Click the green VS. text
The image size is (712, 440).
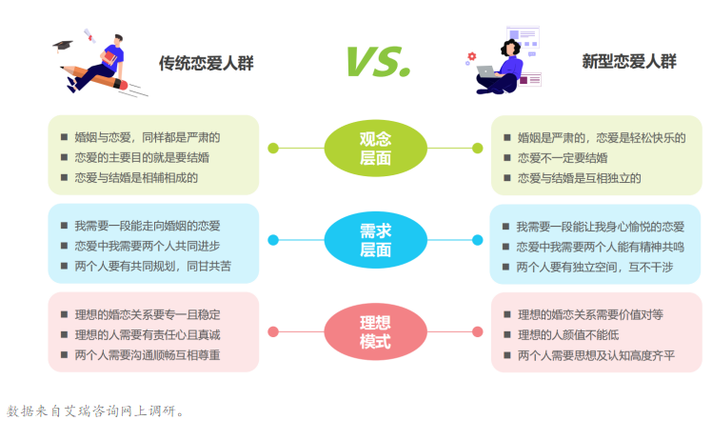[379, 62]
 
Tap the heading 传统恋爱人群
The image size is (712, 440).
[207, 63]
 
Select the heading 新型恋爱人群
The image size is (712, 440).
[629, 61]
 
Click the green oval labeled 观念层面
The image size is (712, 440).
[376, 149]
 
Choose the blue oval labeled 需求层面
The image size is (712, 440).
[376, 240]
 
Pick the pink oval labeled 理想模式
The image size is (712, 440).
[376, 331]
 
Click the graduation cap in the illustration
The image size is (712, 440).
[63, 45]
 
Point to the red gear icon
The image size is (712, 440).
[472, 56]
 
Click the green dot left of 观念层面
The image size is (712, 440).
[273, 149]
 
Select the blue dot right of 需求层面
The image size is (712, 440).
[477, 240]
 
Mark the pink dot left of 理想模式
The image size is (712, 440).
[273, 331]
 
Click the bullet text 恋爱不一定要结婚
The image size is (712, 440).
[563, 158]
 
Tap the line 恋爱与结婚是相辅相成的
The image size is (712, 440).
[136, 178]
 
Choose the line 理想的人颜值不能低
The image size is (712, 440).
[568, 335]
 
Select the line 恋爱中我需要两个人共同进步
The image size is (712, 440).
[148, 246]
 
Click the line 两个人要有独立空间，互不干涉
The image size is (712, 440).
[595, 268]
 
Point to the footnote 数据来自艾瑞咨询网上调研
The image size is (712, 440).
[95, 410]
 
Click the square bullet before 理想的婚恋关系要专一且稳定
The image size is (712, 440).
[64, 314]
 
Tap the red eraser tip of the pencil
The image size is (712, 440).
[123, 85]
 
